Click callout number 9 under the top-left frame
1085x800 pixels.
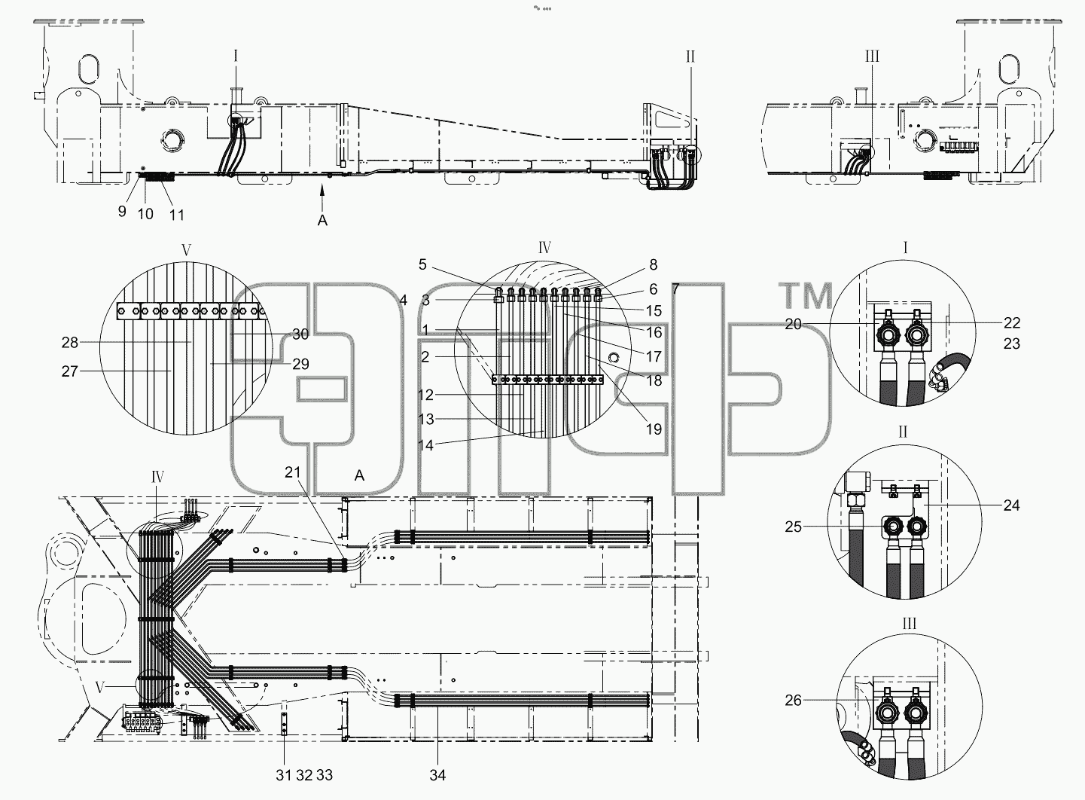coord(122,211)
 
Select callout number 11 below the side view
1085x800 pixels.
coord(177,215)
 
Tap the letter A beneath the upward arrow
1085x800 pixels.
coord(322,221)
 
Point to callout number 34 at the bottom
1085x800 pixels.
coord(437,775)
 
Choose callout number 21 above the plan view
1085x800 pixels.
coord(293,472)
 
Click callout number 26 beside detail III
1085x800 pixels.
coord(794,700)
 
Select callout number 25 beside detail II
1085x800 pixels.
coord(794,527)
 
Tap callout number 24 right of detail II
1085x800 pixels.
coord(1011,505)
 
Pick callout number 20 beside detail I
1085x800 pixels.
coord(794,324)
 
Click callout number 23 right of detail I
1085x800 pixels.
coord(1011,344)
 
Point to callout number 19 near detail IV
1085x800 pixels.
coord(654,429)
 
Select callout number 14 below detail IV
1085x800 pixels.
coord(425,445)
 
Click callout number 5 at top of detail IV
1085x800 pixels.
coord(422,264)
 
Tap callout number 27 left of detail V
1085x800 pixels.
coord(70,371)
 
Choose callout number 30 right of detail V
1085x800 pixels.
coord(300,334)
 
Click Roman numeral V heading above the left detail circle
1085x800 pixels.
coord(186,250)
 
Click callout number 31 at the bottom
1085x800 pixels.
coord(284,775)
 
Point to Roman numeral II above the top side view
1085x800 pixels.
coord(690,56)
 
